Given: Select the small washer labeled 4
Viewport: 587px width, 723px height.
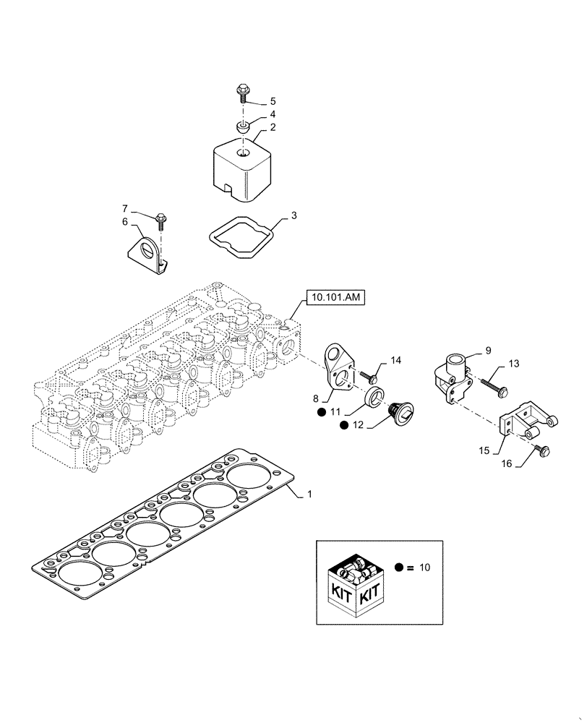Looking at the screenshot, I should [x=244, y=127].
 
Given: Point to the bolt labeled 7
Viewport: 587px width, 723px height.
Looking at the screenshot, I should [x=161, y=218].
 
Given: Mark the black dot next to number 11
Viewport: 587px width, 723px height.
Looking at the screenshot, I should [x=320, y=413].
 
